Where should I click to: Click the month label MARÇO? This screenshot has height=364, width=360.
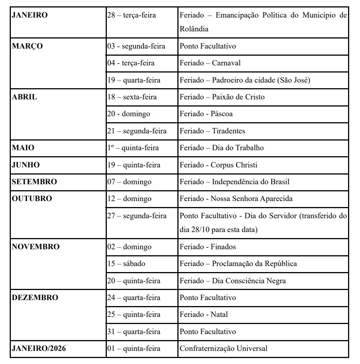pyautogui.click(x=27, y=46)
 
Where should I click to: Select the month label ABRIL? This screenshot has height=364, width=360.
pyautogui.click(x=25, y=97)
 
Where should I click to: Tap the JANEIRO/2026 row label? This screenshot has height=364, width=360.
pyautogui.click(x=39, y=349)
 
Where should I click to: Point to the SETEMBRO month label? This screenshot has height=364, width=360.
pyautogui.click(x=34, y=182)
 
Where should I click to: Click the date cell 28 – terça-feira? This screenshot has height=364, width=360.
pyautogui.click(x=131, y=16)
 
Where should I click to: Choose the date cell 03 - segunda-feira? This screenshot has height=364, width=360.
pyautogui.click(x=136, y=46)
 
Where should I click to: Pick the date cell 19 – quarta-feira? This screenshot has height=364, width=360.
pyautogui.click(x=134, y=80)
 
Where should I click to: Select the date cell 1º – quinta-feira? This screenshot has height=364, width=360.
pyautogui.click(x=133, y=148)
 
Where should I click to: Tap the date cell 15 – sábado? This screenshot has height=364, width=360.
pyautogui.click(x=126, y=264)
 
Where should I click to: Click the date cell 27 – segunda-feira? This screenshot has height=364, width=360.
pyautogui.click(x=137, y=216)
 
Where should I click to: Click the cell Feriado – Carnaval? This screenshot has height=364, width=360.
pyautogui.click(x=210, y=63)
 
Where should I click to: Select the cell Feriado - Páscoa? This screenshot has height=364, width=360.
pyautogui.click(x=206, y=114)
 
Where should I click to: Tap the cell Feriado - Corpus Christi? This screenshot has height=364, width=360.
pyautogui.click(x=218, y=165)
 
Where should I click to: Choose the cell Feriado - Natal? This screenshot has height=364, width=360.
pyautogui.click(x=204, y=315)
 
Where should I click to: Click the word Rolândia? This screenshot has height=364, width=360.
pyautogui.click(x=194, y=29)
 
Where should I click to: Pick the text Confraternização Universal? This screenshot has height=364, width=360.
pyautogui.click(x=223, y=349)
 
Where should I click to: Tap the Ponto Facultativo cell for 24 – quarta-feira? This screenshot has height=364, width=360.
pyautogui.click(x=208, y=298)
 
